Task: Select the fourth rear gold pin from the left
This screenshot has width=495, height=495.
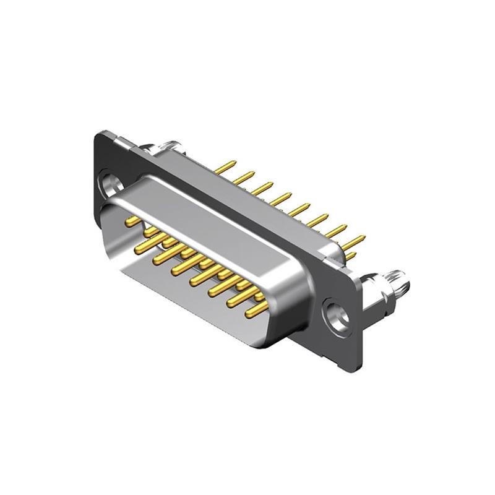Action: point(282,198)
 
